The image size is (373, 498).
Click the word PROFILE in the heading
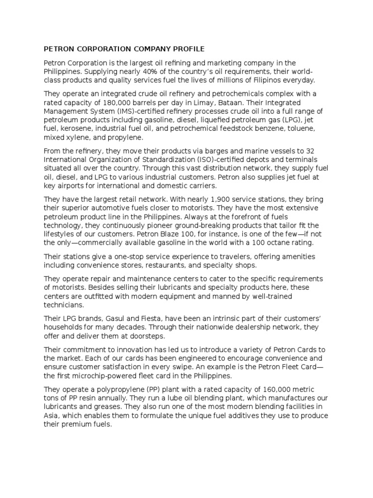coord(188,49)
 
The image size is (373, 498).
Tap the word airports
coord(68,186)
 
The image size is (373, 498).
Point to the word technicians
coord(64,305)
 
